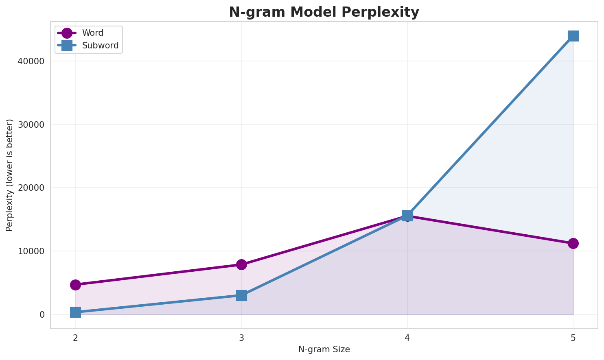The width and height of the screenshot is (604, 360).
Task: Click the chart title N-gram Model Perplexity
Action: (324, 12)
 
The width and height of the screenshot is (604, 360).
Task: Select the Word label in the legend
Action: (92, 33)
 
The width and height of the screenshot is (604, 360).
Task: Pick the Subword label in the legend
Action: (100, 46)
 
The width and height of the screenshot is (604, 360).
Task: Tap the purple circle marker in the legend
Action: (67, 33)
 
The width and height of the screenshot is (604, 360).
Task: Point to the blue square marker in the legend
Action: (67, 46)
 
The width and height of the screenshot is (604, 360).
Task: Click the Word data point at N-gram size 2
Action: (75, 285)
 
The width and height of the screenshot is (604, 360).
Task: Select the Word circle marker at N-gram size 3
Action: (241, 264)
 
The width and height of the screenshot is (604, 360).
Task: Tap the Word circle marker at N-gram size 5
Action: (573, 243)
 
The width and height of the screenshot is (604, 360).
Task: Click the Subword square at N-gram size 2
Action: (75, 312)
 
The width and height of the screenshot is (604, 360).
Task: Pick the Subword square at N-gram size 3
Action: (241, 295)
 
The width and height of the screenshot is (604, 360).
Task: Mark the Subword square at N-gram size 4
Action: (407, 216)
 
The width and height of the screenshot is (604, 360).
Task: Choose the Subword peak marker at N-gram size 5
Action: (573, 36)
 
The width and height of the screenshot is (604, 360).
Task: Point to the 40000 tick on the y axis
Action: (31, 61)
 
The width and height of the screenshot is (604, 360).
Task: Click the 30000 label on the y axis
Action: (31, 124)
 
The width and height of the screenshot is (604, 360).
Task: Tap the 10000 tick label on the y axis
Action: (31, 251)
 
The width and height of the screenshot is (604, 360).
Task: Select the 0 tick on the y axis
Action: (42, 315)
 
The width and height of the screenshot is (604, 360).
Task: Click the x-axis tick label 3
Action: (241, 338)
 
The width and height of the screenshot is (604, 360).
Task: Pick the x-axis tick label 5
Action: (573, 338)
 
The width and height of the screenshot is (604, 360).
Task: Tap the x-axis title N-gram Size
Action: (324, 349)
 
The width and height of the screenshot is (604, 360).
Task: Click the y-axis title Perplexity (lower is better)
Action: (10, 175)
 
